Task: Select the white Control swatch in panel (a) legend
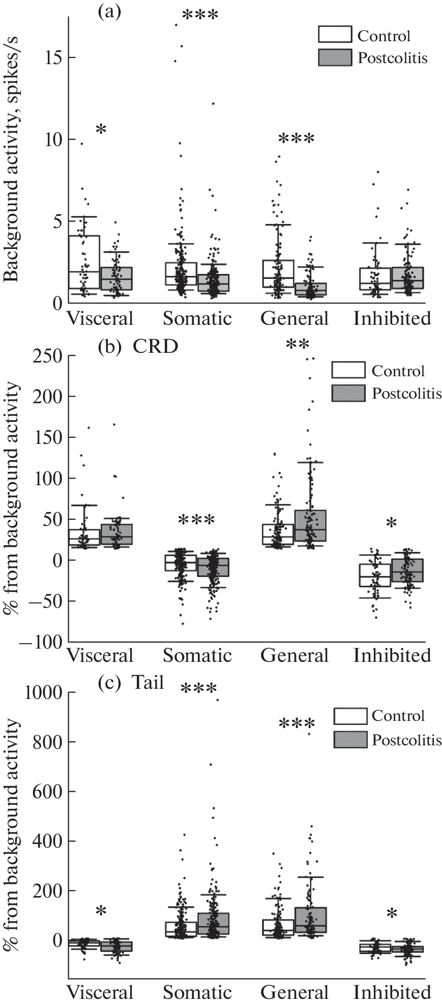click(x=335, y=35)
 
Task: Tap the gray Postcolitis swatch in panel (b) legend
click(x=348, y=393)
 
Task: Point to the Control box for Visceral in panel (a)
click(x=84, y=262)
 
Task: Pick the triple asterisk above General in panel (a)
click(x=296, y=139)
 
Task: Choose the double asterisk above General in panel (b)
click(x=298, y=345)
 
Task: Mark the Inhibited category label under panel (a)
click(x=392, y=319)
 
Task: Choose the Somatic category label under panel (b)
click(x=197, y=655)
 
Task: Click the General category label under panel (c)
click(x=295, y=992)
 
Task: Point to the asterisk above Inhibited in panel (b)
click(x=391, y=523)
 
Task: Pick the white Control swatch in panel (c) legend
click(x=350, y=716)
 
